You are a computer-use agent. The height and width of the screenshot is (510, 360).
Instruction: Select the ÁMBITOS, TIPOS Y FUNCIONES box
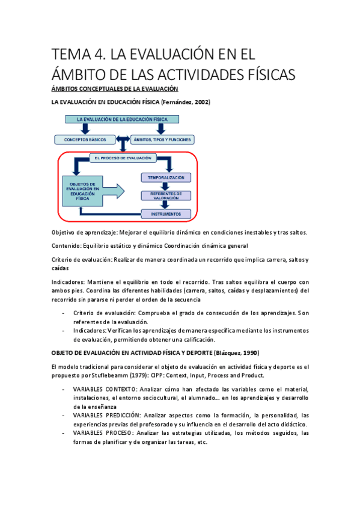(164, 140)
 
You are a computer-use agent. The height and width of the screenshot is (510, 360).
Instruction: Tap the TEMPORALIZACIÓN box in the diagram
(165, 177)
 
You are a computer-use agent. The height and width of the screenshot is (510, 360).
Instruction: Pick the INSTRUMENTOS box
(165, 213)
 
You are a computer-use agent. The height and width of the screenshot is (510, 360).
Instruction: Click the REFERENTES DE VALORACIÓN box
(165, 195)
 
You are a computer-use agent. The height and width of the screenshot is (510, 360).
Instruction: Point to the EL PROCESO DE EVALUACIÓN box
(123, 158)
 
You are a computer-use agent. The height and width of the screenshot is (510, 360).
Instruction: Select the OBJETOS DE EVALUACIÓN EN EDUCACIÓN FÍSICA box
(85, 191)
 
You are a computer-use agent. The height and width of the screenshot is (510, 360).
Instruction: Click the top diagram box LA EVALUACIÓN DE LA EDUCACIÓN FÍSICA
(122, 120)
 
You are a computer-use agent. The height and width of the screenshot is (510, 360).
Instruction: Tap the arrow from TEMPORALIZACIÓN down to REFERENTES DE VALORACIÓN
(165, 186)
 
